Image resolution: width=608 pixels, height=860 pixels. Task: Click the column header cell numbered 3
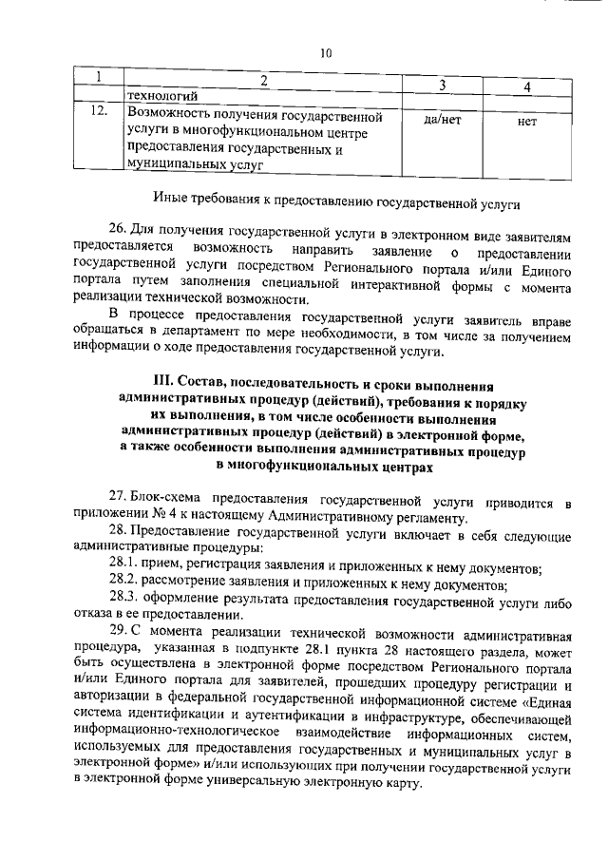coord(443,86)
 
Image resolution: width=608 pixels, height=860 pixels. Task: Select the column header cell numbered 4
coord(526,87)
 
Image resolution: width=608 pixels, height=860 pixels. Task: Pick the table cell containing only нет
coord(527,122)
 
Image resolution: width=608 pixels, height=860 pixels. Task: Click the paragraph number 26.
coord(117,230)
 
